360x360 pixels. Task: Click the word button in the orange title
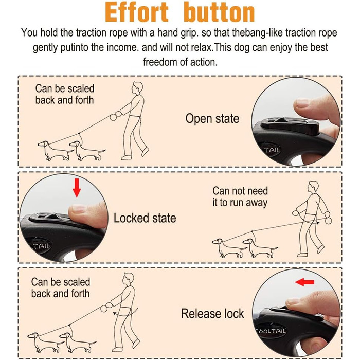219,12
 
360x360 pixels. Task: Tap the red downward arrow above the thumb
77,188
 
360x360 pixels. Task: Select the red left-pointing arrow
304,282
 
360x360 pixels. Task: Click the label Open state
212,119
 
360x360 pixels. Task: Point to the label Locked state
145,218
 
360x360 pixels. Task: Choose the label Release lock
212,314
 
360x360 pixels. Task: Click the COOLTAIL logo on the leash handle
271,331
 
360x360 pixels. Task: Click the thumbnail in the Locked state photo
78,208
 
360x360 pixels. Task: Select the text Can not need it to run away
240,197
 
